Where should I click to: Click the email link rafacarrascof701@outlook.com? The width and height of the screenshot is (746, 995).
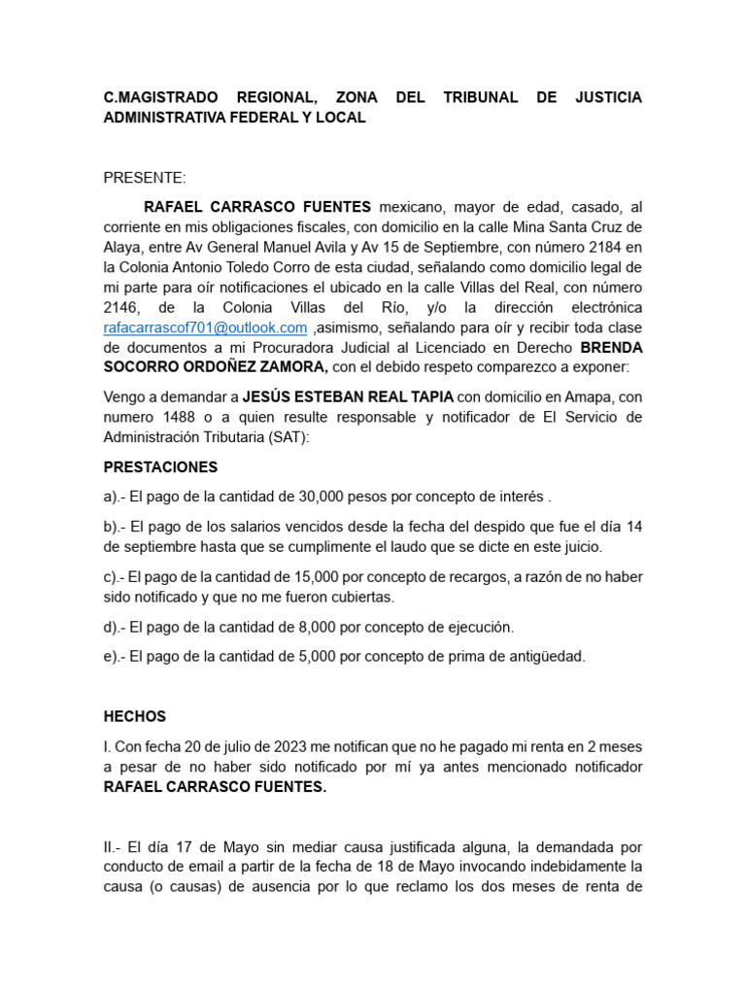[x=205, y=328]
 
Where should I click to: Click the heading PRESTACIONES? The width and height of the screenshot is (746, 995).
[x=160, y=467]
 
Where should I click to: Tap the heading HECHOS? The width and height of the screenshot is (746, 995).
[x=135, y=716]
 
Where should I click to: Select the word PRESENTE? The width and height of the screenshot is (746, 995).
[x=145, y=178]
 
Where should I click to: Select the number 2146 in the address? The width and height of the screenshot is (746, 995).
[x=122, y=308]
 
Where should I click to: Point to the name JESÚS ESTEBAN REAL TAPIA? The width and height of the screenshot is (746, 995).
[x=347, y=397]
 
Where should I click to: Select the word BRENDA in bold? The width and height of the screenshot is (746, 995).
[x=611, y=348]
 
